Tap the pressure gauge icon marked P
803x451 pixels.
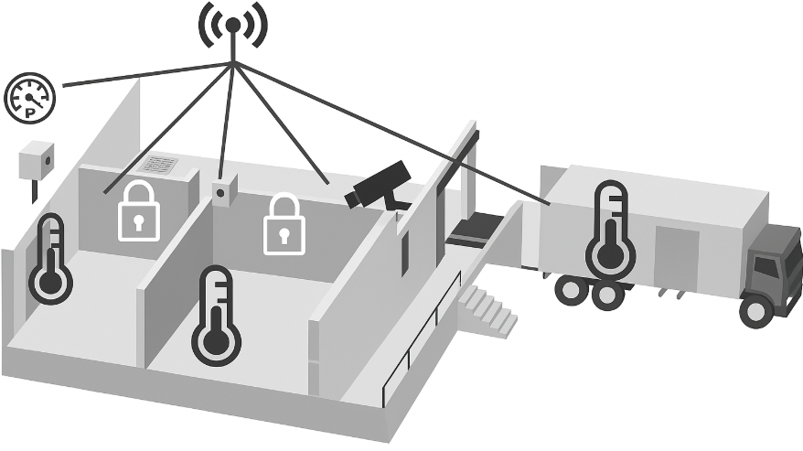30,97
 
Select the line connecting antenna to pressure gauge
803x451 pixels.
137,75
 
